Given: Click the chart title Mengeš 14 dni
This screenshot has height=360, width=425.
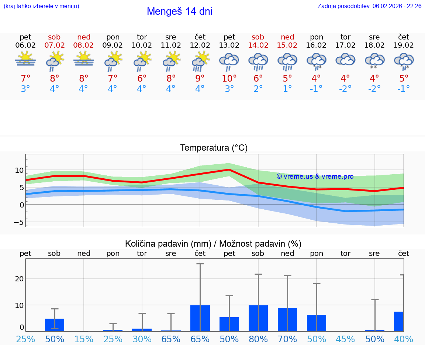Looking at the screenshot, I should tap(179, 11).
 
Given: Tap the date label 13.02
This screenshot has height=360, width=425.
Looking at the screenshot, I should tap(229, 45).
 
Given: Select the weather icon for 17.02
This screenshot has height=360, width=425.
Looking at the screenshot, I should tap(345, 60).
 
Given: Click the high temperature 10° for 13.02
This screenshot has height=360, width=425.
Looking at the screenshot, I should tap(229, 78).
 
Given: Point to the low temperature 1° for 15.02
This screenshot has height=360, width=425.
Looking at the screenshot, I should tap(287, 89).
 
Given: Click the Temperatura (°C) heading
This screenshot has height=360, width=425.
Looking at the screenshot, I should tap(214, 148).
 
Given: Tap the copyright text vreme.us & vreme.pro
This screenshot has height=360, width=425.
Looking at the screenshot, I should tap(315, 176).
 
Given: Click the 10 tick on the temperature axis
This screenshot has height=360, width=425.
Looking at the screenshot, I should tap(19, 171).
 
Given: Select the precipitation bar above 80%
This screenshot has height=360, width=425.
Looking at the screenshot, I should tap(258, 318).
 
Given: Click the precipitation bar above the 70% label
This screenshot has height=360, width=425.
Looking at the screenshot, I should tap(287, 319).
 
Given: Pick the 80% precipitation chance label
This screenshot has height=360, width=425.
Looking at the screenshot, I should tap(258, 339).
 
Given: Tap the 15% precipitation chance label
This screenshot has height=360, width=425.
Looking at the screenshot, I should tap(84, 339).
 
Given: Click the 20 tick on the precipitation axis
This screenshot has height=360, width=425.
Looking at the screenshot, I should tap(19, 279).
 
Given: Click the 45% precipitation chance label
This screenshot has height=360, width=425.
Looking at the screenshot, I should tap(345, 339).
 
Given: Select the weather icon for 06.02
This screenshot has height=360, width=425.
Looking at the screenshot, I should tap(25, 60).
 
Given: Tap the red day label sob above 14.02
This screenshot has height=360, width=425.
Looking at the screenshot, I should tap(258, 37).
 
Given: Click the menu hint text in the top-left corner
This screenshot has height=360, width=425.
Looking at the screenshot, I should tap(41, 6).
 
